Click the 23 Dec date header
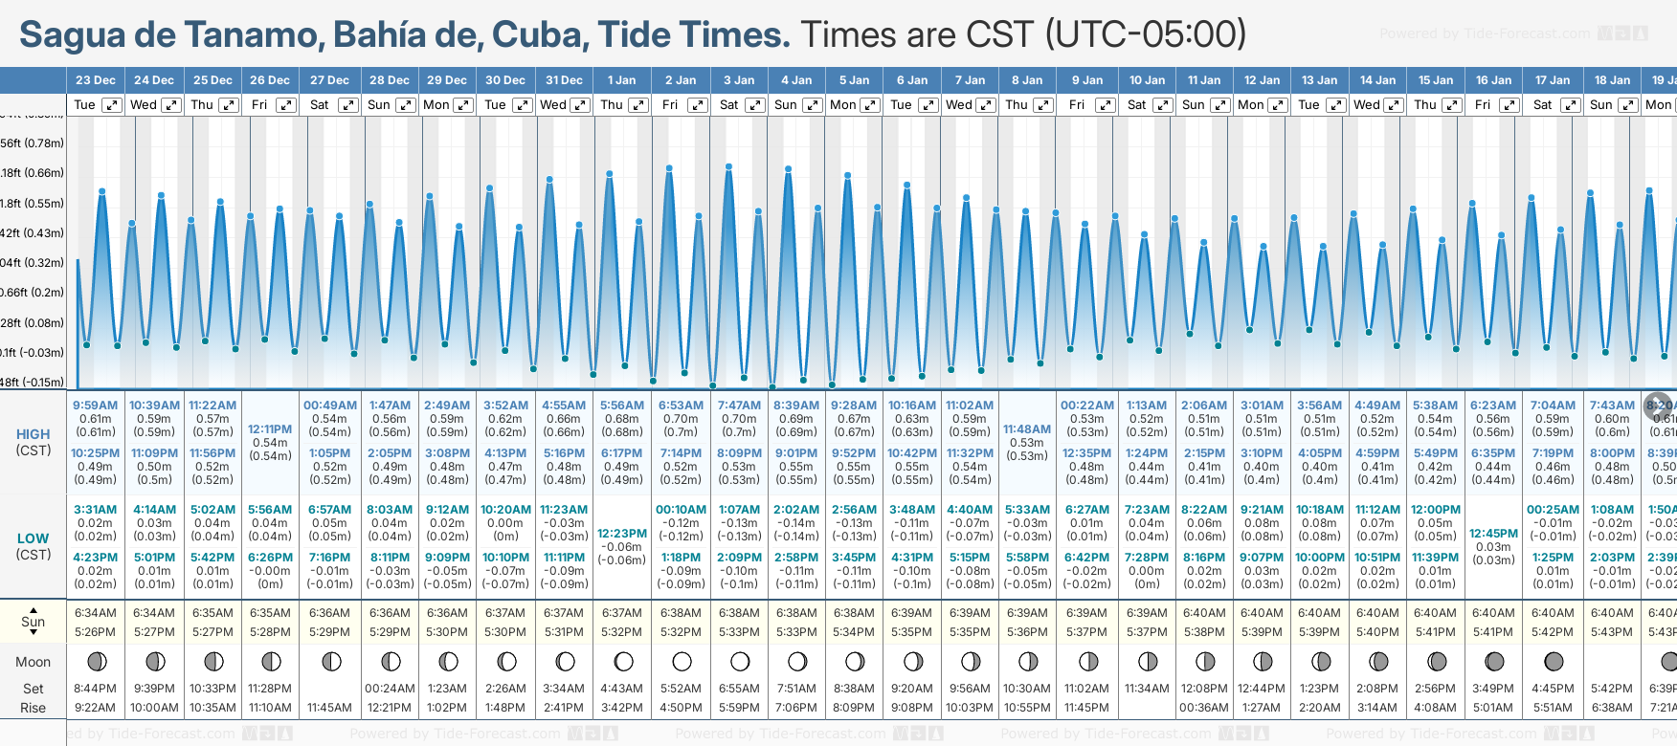[96, 80]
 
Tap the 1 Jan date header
[621, 80]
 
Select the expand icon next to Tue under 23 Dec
[112, 105]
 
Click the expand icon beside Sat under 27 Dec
[348, 105]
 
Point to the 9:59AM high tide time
[96, 406]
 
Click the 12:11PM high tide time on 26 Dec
[270, 429]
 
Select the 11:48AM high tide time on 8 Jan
[1027, 429]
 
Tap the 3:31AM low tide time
[96, 510]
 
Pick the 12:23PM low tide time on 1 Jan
[622, 534]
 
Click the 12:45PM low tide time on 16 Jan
[1493, 534]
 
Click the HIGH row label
[33, 434]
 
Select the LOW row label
[33, 538]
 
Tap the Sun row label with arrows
[33, 622]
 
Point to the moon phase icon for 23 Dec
[96, 661]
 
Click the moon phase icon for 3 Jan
[740, 661]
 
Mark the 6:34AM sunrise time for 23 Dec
[96, 613]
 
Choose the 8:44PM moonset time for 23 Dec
[96, 689]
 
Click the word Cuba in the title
[538, 35]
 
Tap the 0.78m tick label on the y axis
[32, 143]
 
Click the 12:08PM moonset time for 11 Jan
[1204, 689]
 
